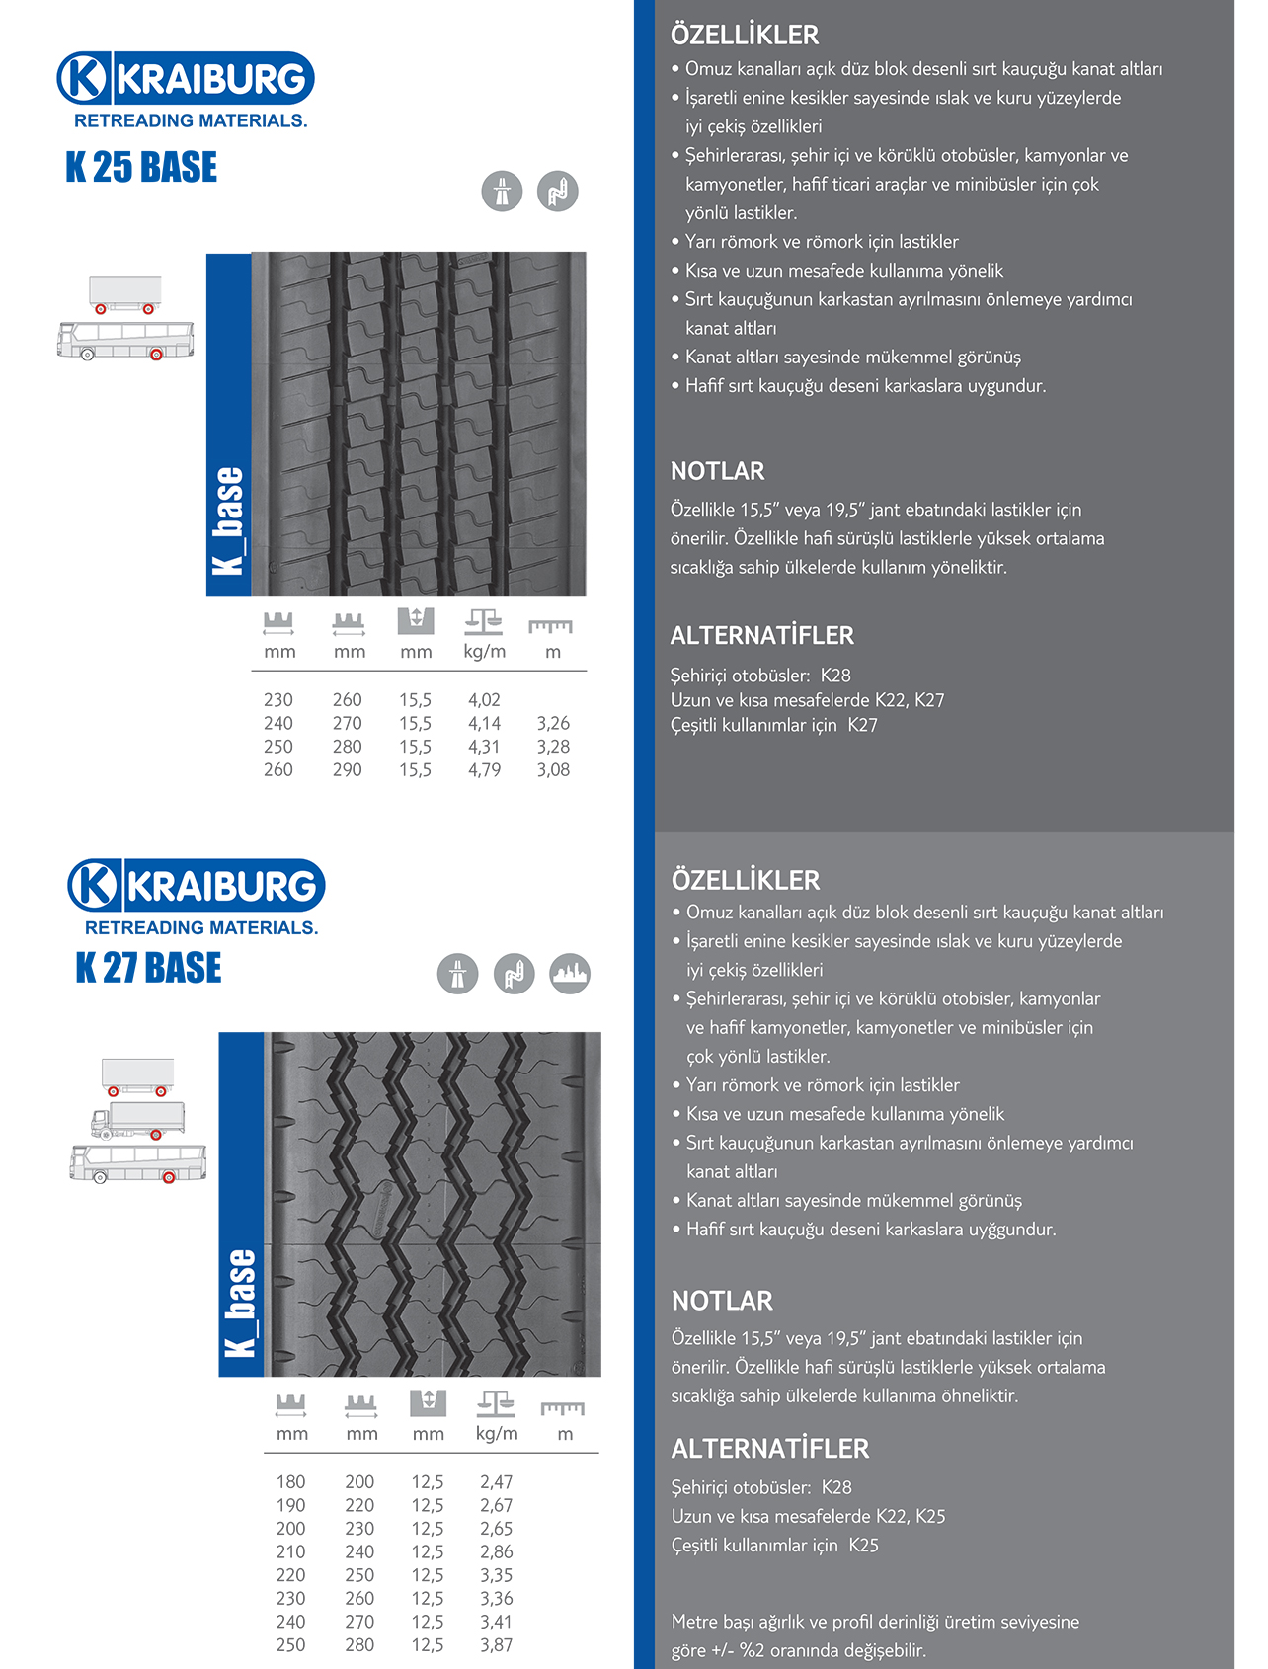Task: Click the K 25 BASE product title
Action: tap(141, 167)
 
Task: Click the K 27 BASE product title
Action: tap(149, 968)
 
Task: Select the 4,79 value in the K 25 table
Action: tap(484, 770)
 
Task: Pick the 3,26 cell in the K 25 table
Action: tap(553, 724)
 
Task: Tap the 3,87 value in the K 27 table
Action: tap(496, 1645)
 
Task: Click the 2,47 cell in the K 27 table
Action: tap(496, 1482)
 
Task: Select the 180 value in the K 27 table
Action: tap(290, 1482)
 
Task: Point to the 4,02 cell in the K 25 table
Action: tap(484, 700)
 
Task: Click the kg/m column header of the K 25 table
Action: tap(484, 652)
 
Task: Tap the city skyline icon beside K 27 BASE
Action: tap(570, 974)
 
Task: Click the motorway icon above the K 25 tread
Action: tap(502, 191)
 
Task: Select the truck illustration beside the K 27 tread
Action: tap(138, 1120)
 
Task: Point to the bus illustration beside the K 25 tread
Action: tap(125, 340)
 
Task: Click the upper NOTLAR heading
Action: tap(718, 471)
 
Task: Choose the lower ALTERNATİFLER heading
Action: tap(770, 1449)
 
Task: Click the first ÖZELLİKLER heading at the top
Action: tap(745, 36)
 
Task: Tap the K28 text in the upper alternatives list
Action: tap(835, 676)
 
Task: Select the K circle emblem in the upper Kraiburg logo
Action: tap(84, 78)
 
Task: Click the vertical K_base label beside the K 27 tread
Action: tap(241, 1303)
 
